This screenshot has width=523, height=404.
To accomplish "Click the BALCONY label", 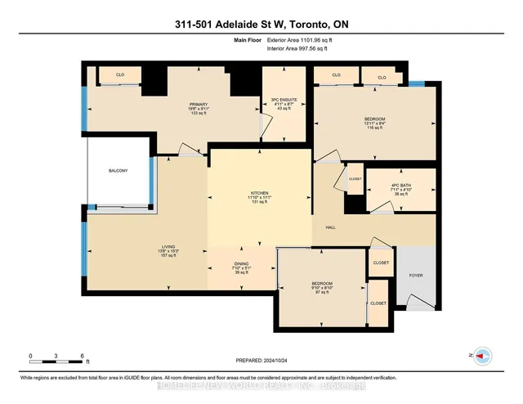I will click(x=118, y=170).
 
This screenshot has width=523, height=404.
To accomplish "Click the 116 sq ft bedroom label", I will click(x=374, y=119).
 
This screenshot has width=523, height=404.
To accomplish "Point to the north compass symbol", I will click(x=483, y=356).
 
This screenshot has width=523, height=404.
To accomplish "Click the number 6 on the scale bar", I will click(x=82, y=356).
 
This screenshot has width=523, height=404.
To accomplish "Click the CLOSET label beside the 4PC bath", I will click(x=355, y=179).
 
